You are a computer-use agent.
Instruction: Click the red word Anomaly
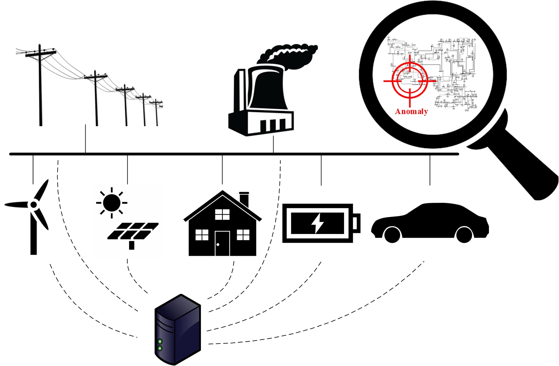click(x=411, y=111)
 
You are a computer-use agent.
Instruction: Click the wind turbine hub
click(x=33, y=204)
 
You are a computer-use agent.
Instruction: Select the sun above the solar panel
click(x=112, y=202)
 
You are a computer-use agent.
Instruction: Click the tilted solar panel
click(x=133, y=231)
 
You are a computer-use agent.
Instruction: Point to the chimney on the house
click(x=244, y=199)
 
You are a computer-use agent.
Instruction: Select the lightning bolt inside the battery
click(x=317, y=222)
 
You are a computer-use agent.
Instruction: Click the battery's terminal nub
click(x=356, y=223)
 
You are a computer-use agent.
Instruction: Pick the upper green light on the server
click(x=160, y=342)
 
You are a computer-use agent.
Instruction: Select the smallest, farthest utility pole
click(x=156, y=113)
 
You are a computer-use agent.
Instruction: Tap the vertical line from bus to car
click(x=430, y=170)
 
